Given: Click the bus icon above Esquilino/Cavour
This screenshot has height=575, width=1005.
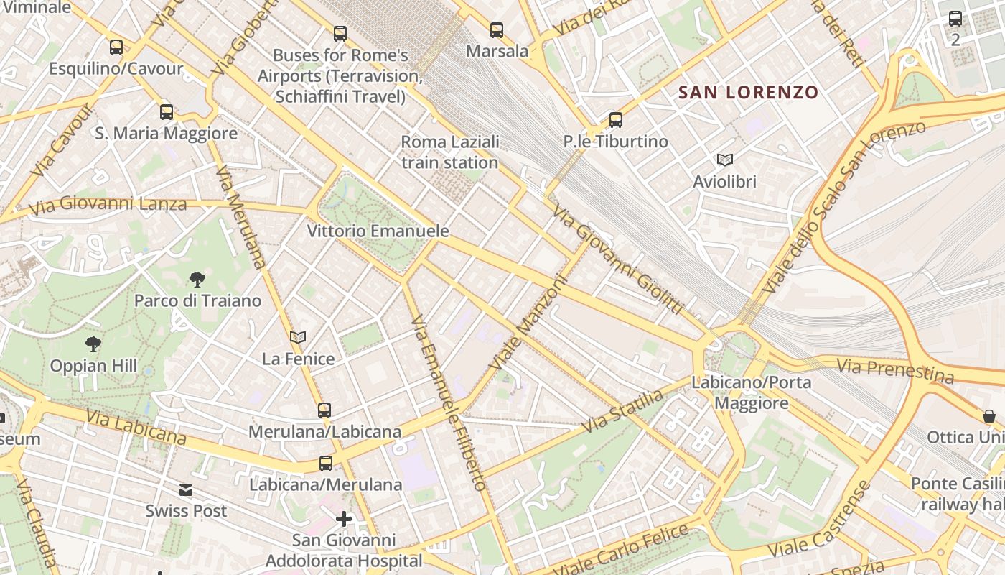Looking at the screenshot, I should [116, 47].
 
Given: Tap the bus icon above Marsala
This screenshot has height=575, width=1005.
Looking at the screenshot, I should [497, 30].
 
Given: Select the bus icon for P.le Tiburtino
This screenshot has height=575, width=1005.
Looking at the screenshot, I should [615, 120].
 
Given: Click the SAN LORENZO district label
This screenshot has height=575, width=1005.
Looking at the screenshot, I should [748, 92].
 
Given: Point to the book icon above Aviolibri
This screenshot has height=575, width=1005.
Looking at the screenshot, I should [724, 160].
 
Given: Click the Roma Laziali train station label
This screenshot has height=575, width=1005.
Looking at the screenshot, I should [449, 152].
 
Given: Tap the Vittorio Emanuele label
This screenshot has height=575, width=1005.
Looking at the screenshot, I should [378, 231].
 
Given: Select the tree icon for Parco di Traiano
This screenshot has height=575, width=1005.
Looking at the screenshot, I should [197, 279].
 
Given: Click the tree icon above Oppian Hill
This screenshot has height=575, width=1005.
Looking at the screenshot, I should [93, 344].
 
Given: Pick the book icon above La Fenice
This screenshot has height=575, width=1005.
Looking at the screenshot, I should [298, 337].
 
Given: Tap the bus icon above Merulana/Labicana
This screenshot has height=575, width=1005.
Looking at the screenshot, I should [324, 410].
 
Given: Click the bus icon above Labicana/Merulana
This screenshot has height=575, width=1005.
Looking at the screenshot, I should [326, 464].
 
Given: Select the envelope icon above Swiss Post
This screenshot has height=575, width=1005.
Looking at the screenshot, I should [186, 490].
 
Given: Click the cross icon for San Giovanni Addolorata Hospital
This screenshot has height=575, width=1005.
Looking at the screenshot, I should [344, 518].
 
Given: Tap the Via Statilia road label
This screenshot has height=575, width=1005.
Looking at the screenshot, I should [622, 411].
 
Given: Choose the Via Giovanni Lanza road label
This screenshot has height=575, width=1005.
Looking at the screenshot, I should [108, 205].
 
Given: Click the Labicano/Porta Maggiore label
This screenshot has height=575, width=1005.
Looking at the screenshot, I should [751, 392].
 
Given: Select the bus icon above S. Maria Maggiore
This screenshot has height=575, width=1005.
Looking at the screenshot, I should [167, 112].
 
